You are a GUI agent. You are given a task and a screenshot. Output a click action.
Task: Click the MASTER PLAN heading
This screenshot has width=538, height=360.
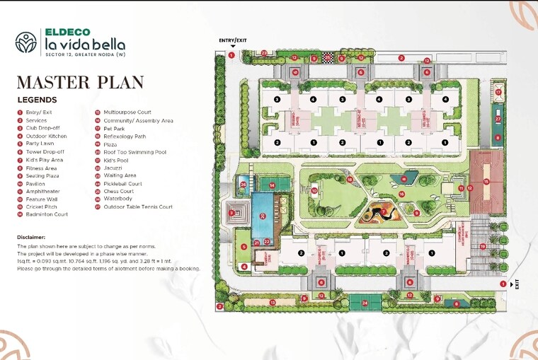click(80, 83)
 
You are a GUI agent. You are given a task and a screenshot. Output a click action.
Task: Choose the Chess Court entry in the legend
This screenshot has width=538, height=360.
click(118, 191)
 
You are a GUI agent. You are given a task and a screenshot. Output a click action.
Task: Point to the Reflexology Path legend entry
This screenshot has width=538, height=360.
click(125, 136)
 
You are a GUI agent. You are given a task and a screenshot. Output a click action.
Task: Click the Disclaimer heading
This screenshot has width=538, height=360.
click(32, 237)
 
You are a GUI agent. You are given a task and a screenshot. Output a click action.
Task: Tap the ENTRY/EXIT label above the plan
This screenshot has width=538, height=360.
click(233, 40)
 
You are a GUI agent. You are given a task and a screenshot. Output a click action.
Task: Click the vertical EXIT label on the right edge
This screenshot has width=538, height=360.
click(517, 284)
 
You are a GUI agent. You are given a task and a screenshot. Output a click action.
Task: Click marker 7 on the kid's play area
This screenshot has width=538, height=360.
click(384, 210)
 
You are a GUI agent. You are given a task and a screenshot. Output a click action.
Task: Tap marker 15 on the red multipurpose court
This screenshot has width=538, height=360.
click(486, 181)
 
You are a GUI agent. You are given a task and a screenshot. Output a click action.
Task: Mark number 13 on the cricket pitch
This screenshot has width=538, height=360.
click(272, 303)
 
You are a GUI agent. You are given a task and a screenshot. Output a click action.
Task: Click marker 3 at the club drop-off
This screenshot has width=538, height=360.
click(231, 212)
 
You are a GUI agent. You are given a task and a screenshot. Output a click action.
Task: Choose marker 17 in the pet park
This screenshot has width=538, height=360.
click(498, 93)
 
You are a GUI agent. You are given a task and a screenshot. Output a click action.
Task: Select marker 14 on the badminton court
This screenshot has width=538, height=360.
click(272, 185)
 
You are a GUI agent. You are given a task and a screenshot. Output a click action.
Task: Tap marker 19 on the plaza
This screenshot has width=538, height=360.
click(483, 246)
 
